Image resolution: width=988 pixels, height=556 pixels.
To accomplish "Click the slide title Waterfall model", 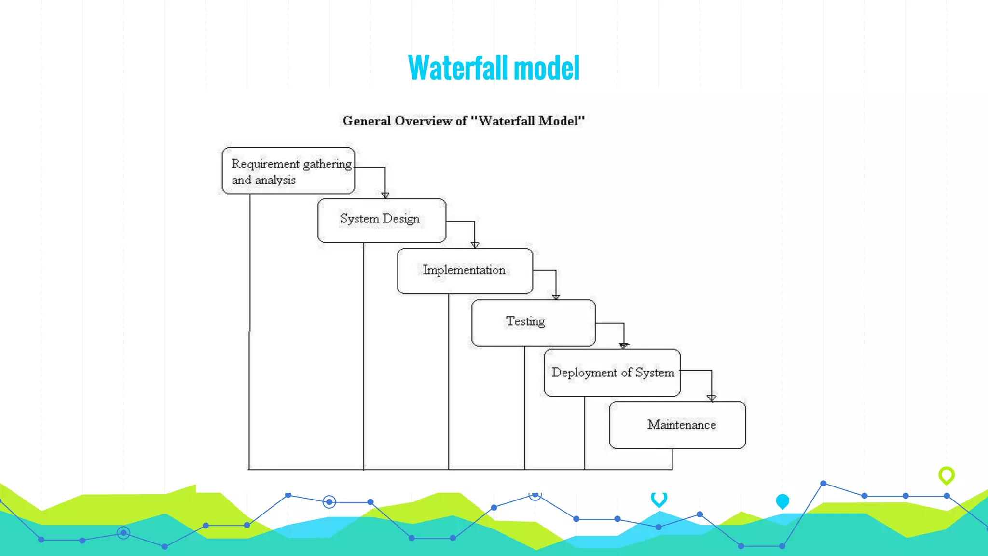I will [x=494, y=68].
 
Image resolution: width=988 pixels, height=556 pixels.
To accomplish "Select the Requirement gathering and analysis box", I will [x=288, y=171].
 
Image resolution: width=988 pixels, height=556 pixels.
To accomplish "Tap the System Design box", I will [x=382, y=220].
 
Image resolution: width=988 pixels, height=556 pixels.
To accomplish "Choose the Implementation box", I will [x=465, y=271].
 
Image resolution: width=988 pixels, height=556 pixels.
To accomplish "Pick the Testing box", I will [x=533, y=322].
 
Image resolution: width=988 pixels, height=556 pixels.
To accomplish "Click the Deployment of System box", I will [x=612, y=373].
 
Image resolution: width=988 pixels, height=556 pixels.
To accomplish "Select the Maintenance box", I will [x=677, y=425].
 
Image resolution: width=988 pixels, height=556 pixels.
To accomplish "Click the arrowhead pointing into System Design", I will [x=385, y=195].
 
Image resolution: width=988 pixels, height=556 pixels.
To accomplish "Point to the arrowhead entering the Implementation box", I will [x=475, y=245].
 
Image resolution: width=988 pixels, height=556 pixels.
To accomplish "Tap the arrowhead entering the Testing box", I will [x=556, y=297].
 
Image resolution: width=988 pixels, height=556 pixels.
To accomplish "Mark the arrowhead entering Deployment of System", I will [x=624, y=346].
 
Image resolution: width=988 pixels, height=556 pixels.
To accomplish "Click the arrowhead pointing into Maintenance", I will [x=711, y=398].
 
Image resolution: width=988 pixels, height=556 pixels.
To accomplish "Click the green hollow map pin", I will [x=946, y=475].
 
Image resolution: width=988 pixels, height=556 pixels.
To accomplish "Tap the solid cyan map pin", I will [x=782, y=501].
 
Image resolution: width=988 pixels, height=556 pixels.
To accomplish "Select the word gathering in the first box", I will [x=327, y=164].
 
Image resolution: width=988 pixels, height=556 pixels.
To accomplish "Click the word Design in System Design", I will [x=400, y=219].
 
